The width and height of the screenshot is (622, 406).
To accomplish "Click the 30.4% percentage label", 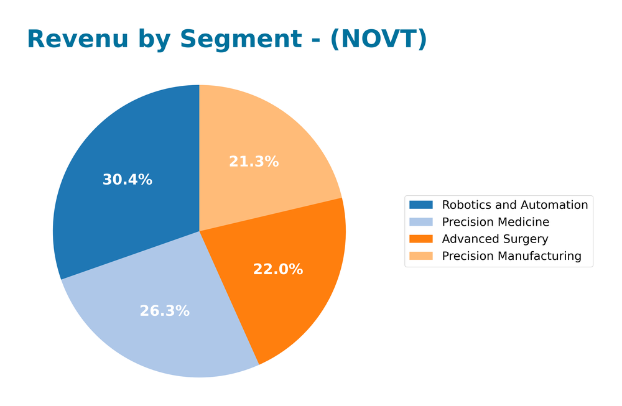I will click(x=127, y=180).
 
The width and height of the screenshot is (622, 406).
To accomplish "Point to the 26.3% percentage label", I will click(x=164, y=311).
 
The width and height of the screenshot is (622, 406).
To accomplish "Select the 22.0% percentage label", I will click(x=277, y=269).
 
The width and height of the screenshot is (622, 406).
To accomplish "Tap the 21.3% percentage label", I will click(x=254, y=162).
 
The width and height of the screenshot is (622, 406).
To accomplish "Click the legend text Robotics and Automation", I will click(x=514, y=205).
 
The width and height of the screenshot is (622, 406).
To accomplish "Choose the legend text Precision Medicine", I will click(x=495, y=222).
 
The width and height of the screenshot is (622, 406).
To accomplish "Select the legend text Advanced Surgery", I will click(x=494, y=239).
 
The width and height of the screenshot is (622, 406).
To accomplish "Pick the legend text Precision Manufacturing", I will click(x=511, y=256).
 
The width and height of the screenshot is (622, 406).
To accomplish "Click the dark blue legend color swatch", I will click(x=420, y=205).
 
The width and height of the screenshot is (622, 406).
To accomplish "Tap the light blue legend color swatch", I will click(x=420, y=222).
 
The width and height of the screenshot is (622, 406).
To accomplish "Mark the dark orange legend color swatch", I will click(x=420, y=239).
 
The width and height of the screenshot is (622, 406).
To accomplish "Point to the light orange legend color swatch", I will click(x=420, y=256).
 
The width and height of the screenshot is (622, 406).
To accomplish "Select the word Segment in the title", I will click(x=241, y=39).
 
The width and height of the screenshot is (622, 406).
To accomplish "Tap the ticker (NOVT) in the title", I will click(x=378, y=39).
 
